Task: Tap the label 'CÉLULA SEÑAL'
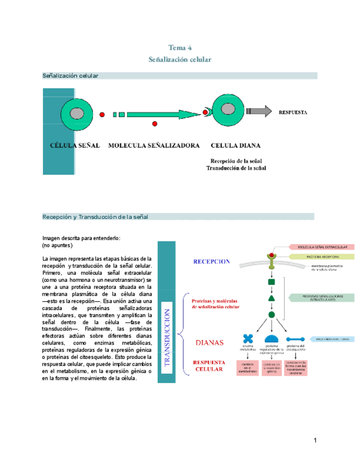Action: (x=75, y=146)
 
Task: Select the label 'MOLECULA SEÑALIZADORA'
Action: (x=154, y=146)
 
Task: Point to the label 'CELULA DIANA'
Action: (x=235, y=146)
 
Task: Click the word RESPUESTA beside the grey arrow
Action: (x=293, y=112)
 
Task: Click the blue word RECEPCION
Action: (x=211, y=262)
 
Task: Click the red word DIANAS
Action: (x=209, y=342)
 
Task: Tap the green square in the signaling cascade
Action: (x=271, y=282)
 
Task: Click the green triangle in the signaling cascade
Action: (x=271, y=298)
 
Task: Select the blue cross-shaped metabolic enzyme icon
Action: (x=248, y=339)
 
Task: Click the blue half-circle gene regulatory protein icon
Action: (x=272, y=339)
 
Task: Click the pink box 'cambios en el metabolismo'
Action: (x=247, y=368)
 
